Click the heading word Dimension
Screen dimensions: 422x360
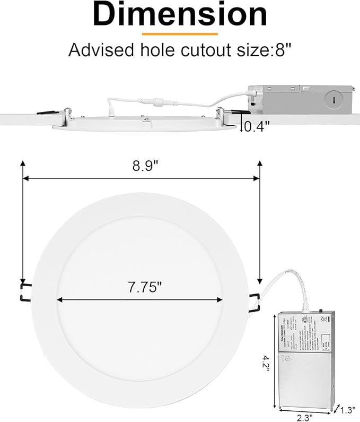[180, 14]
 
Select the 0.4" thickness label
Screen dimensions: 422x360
[257, 126]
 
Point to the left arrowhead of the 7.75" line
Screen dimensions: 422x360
[59, 300]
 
